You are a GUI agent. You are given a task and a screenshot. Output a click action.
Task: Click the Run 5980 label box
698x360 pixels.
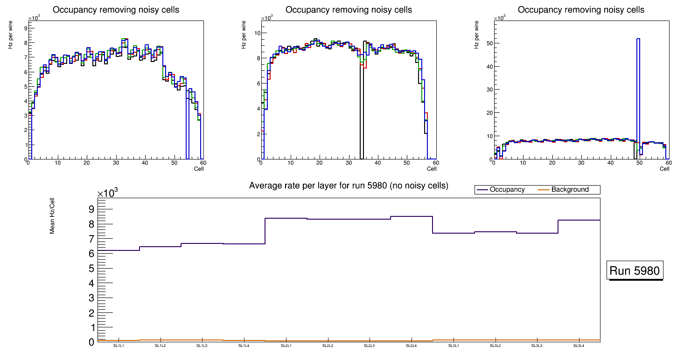[x=635, y=270]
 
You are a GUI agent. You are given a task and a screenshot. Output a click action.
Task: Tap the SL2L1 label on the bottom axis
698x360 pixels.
[x=286, y=346]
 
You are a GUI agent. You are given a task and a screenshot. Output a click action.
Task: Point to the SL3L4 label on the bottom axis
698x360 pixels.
[x=579, y=346]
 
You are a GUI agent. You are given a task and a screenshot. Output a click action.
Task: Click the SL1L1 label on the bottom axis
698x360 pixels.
[x=119, y=346]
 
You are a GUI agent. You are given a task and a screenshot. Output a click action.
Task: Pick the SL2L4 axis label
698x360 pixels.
[x=412, y=346]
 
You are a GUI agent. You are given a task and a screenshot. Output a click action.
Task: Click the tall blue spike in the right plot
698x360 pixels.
[x=638, y=93]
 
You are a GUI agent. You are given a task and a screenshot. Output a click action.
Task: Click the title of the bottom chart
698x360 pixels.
[x=349, y=186]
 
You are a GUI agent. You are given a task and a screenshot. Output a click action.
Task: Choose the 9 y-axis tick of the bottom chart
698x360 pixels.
[x=91, y=209]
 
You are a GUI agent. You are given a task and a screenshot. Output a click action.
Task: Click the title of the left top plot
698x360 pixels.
[x=115, y=10]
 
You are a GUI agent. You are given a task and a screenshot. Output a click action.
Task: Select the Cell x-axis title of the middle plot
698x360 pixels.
[x=432, y=168]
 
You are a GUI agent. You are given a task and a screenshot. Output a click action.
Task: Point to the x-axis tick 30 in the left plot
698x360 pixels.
[x=115, y=163]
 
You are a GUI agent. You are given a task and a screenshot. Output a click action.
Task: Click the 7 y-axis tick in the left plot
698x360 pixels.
[x=25, y=57]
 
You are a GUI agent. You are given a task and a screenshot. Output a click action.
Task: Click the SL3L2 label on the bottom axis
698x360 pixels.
[x=496, y=346]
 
